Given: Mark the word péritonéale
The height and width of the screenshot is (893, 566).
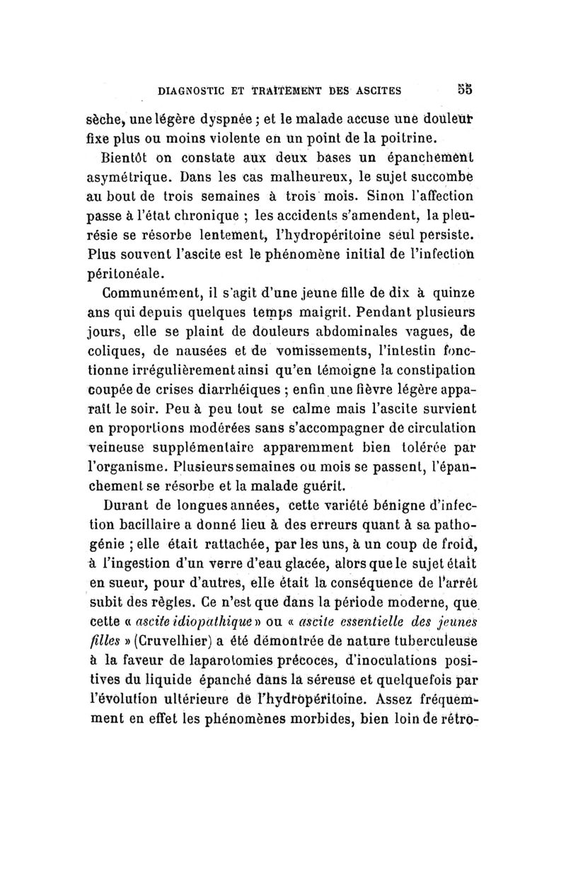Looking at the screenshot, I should coord(139,272).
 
